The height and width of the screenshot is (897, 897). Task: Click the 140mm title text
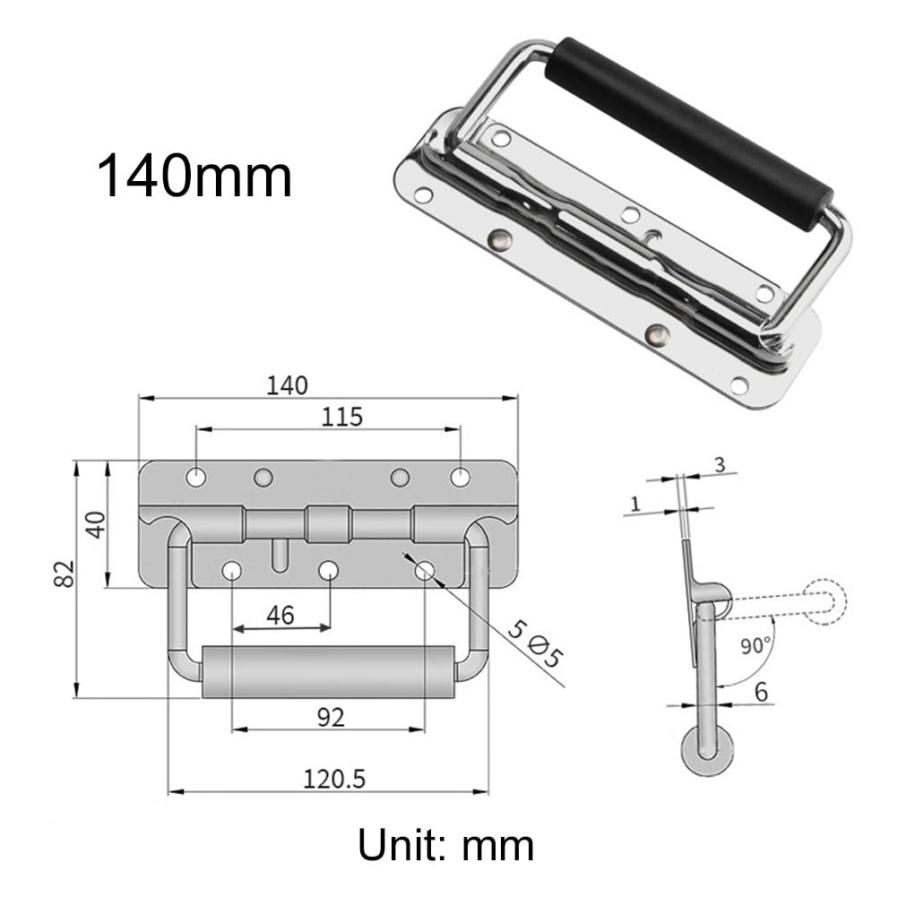pyautogui.click(x=194, y=177)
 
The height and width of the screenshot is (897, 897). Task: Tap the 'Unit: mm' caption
pyautogui.click(x=445, y=845)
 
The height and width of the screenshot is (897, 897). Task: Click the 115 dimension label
pyautogui.click(x=342, y=417)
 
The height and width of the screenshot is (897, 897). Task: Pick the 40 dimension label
pyautogui.click(x=94, y=523)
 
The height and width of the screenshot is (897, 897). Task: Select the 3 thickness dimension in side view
pyautogui.click(x=719, y=463)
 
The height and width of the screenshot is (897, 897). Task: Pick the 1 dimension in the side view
pyautogui.click(x=634, y=505)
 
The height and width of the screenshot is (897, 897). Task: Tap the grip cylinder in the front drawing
pyautogui.click(x=327, y=671)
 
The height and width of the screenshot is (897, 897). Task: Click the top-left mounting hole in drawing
pyautogui.click(x=195, y=478)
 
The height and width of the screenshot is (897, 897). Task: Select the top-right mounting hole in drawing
pyautogui.click(x=460, y=478)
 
